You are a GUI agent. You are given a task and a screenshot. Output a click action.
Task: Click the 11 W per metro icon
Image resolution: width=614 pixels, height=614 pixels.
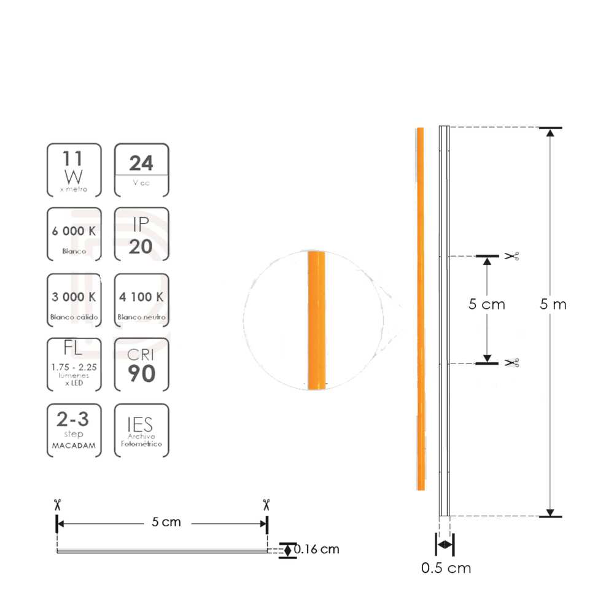click(74, 170)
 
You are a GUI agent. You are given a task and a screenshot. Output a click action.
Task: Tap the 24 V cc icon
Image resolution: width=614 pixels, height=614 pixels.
click(141, 170)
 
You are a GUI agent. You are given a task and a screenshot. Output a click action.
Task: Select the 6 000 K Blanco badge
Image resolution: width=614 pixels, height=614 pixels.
click(74, 235)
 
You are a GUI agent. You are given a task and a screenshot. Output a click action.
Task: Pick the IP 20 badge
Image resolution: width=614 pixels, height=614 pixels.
click(141, 235)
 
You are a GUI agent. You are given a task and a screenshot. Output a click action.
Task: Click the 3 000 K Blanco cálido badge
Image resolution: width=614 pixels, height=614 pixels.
click(74, 301)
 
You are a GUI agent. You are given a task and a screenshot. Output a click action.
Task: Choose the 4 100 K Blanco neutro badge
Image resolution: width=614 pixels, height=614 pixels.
click(141, 301)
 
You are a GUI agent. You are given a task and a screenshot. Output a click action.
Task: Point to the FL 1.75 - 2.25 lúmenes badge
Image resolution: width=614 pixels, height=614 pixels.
click(74, 365)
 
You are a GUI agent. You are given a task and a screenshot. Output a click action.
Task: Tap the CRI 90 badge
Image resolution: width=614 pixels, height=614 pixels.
click(141, 365)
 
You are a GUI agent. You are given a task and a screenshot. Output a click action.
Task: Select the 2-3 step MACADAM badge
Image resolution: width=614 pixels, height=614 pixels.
click(74, 430)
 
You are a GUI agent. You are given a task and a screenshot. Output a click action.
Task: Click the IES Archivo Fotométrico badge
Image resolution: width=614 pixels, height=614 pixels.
click(141, 430)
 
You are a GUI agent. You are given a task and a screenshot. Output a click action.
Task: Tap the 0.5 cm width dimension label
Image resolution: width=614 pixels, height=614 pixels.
click(446, 568)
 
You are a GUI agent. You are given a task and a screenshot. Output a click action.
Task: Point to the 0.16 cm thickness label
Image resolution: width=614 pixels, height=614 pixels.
click(316, 549)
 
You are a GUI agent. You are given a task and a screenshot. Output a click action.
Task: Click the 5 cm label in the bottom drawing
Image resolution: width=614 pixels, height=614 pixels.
click(166, 523)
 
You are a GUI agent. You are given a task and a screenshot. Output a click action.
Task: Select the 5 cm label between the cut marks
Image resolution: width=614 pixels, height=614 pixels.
click(486, 303)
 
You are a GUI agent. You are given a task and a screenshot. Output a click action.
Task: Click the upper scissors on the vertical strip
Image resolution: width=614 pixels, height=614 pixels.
click(511, 255)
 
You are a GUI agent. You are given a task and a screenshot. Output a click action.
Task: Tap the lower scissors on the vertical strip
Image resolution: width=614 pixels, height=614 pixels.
click(511, 363)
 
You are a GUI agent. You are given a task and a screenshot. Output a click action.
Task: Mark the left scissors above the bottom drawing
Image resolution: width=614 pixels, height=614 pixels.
click(57, 504)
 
